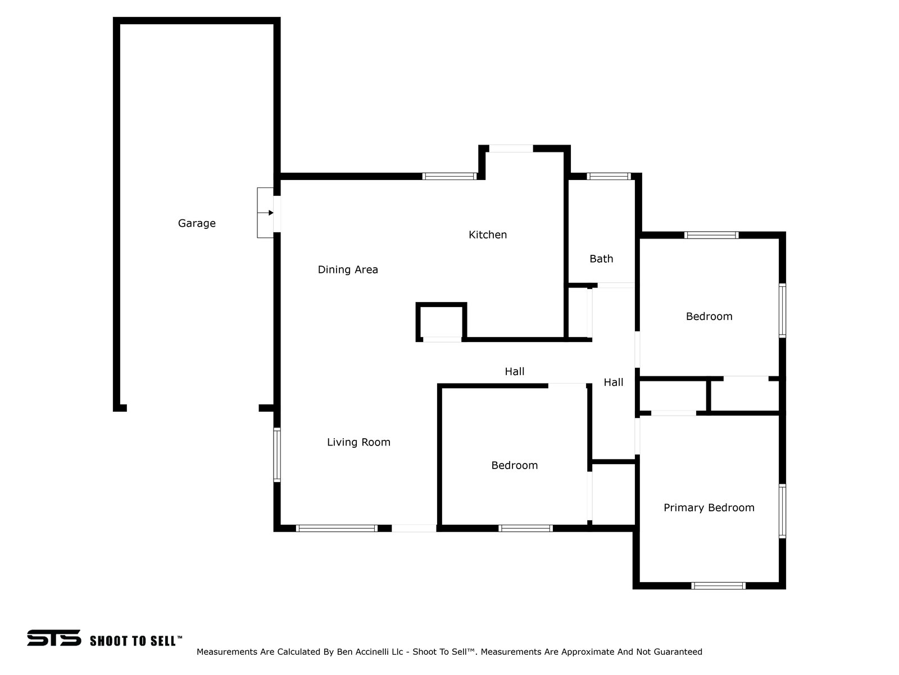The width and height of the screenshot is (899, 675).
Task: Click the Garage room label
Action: pyautogui.click(x=197, y=223)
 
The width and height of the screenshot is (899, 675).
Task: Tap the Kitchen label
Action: pyautogui.click(x=488, y=235)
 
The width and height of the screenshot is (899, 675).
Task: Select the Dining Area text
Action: pyautogui.click(x=348, y=269)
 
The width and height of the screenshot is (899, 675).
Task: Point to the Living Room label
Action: pyautogui.click(x=358, y=442)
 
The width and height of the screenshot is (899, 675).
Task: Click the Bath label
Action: pyautogui.click(x=601, y=259)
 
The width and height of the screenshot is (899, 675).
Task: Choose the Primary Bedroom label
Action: pyautogui.click(x=709, y=507)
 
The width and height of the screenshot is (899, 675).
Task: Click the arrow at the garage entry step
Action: pyautogui.click(x=270, y=213)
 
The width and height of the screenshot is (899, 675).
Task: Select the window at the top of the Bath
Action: pyautogui.click(x=609, y=176)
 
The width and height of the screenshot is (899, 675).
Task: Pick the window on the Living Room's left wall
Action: pyautogui.click(x=277, y=454)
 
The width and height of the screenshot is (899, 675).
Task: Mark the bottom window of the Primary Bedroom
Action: pyautogui.click(x=718, y=586)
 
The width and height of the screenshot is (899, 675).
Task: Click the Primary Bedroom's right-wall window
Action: pyautogui.click(x=782, y=511)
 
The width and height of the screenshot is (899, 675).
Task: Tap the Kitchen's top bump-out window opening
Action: pyautogui.click(x=511, y=148)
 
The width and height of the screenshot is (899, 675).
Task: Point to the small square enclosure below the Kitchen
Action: pyautogui.click(x=441, y=321)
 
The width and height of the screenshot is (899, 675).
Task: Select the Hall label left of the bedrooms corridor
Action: pyautogui.click(x=515, y=371)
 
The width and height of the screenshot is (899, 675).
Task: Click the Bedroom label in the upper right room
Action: pyautogui.click(x=709, y=316)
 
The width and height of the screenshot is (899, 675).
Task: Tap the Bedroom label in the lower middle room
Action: pyautogui.click(x=514, y=465)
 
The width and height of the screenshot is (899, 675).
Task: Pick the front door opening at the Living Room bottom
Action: pyautogui.click(x=414, y=528)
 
